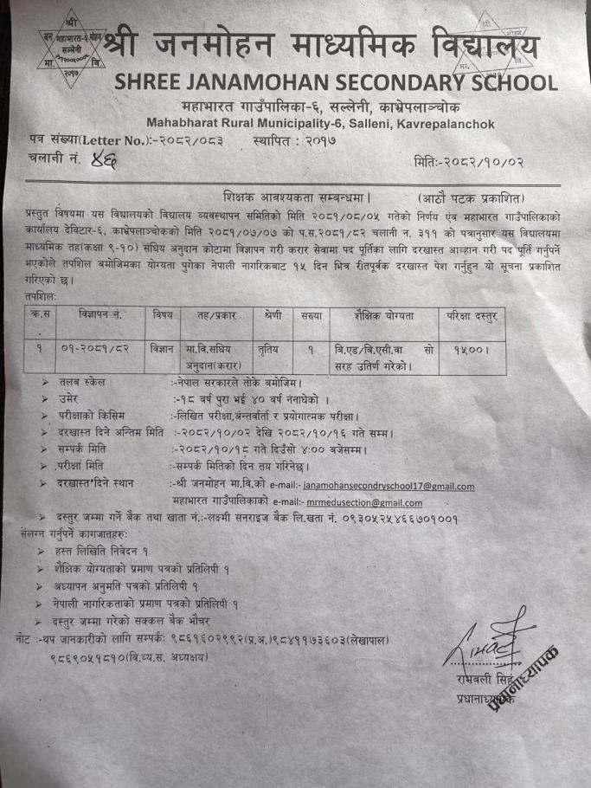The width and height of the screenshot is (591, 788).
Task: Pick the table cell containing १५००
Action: click(472, 350)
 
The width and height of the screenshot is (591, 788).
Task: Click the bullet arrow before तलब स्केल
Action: click(44, 382)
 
